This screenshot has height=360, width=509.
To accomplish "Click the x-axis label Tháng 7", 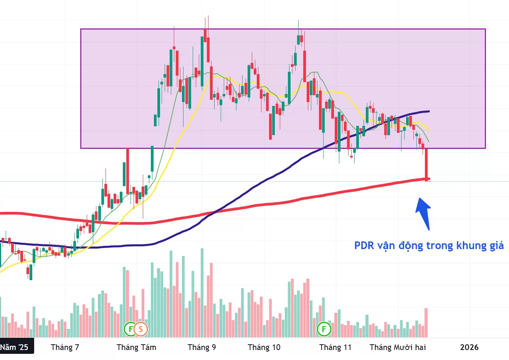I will [x=65, y=347].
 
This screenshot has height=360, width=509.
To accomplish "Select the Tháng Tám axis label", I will [x=136, y=347].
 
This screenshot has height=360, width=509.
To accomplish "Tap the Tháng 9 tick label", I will [x=202, y=347].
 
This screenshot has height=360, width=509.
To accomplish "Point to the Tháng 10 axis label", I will [x=264, y=347].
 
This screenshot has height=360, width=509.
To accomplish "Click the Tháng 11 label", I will [x=335, y=347].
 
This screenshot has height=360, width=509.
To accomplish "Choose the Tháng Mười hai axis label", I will [x=398, y=347].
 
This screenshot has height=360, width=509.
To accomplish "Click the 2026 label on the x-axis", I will [x=469, y=347].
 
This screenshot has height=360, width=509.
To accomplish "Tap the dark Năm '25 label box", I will [x=15, y=347].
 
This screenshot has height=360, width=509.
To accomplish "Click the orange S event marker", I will [x=141, y=329].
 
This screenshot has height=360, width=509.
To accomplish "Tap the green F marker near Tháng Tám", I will [x=131, y=329].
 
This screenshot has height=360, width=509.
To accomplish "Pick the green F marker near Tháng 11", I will [x=324, y=329].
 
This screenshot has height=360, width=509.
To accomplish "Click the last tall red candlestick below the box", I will [x=426, y=164].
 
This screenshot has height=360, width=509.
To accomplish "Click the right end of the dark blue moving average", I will [x=428, y=111].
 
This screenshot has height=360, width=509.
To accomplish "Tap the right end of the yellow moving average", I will [x=428, y=130].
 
